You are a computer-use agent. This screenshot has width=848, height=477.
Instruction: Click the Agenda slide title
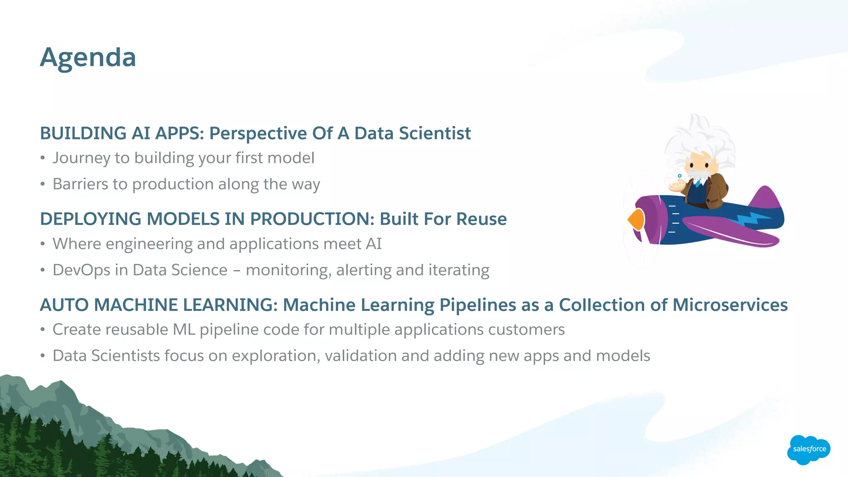pyautogui.click(x=88, y=58)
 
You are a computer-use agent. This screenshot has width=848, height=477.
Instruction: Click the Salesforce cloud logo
pyautogui.click(x=809, y=449)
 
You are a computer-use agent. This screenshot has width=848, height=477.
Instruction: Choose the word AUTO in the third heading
pyautogui.click(x=64, y=305)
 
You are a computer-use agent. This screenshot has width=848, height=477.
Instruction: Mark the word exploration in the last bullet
pyautogui.click(x=274, y=356)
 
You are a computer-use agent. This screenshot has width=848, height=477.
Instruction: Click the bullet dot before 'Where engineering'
pyautogui.click(x=43, y=244)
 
